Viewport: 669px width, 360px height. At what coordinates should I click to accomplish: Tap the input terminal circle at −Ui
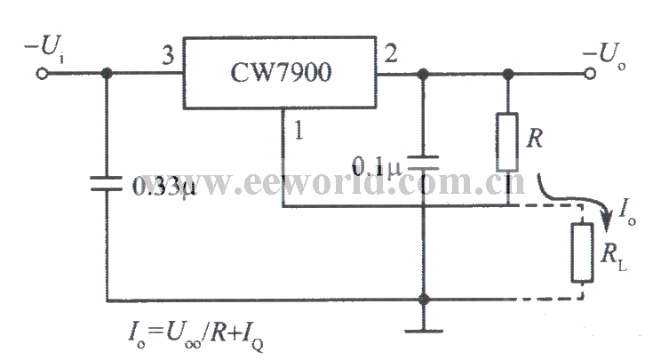[40, 74]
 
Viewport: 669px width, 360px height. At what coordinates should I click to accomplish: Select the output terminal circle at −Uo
[589, 74]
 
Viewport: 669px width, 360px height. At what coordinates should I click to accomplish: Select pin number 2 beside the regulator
[389, 55]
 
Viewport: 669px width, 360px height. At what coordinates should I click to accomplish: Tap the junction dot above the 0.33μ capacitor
[108, 74]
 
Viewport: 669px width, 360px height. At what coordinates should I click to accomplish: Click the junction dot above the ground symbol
[424, 300]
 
